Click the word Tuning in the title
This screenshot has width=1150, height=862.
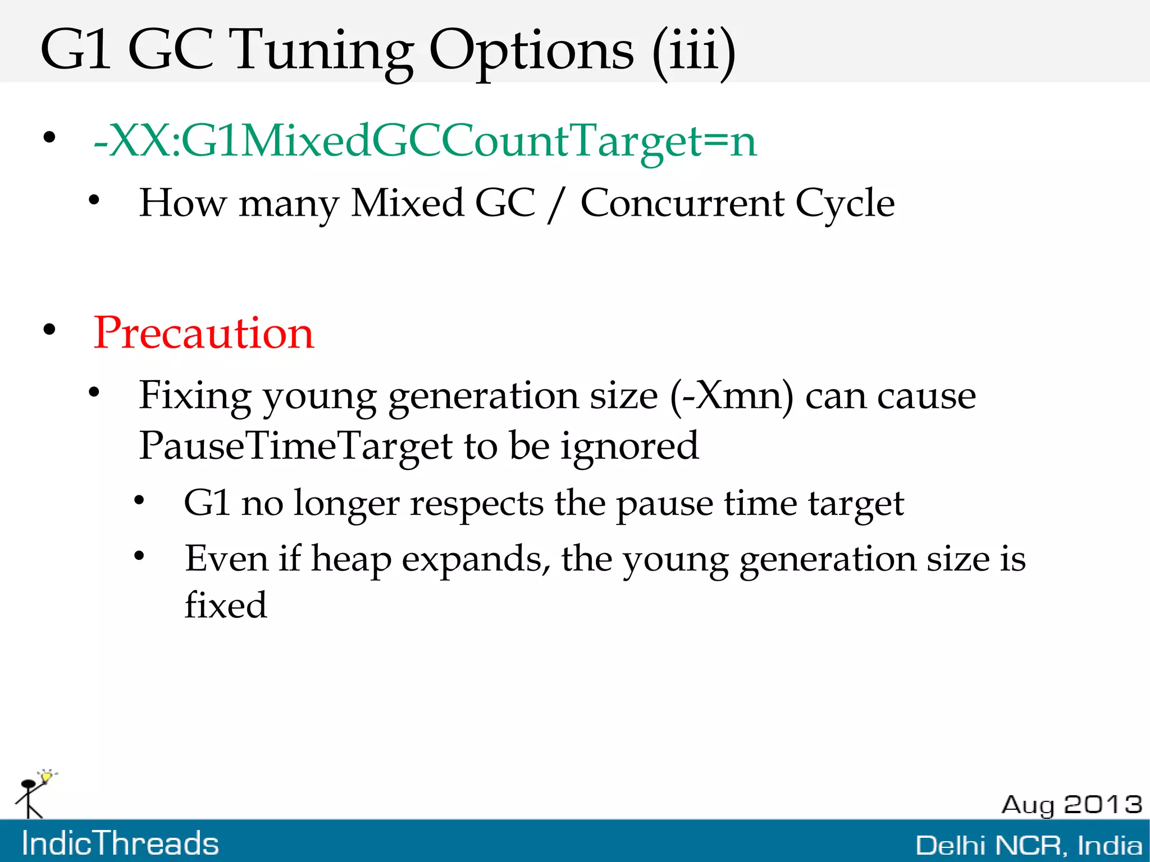coord(323,52)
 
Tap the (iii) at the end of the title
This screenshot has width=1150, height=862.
coord(693,52)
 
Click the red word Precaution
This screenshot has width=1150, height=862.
coord(203,333)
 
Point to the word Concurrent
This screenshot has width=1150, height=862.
coord(682,203)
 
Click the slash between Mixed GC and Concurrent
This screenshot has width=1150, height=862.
coord(556,204)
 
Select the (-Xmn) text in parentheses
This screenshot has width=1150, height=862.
coord(732,396)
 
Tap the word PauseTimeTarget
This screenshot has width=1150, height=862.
coord(295,446)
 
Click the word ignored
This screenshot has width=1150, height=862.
coord(629,446)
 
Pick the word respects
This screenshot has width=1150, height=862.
coord(476,503)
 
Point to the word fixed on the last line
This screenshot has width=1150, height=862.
coord(226,605)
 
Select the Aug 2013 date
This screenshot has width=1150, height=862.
coord(1071,804)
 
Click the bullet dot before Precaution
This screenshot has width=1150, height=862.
coord(50,330)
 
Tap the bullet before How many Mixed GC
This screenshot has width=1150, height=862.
coord(94,200)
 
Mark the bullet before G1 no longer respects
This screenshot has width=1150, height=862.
coord(139,500)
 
